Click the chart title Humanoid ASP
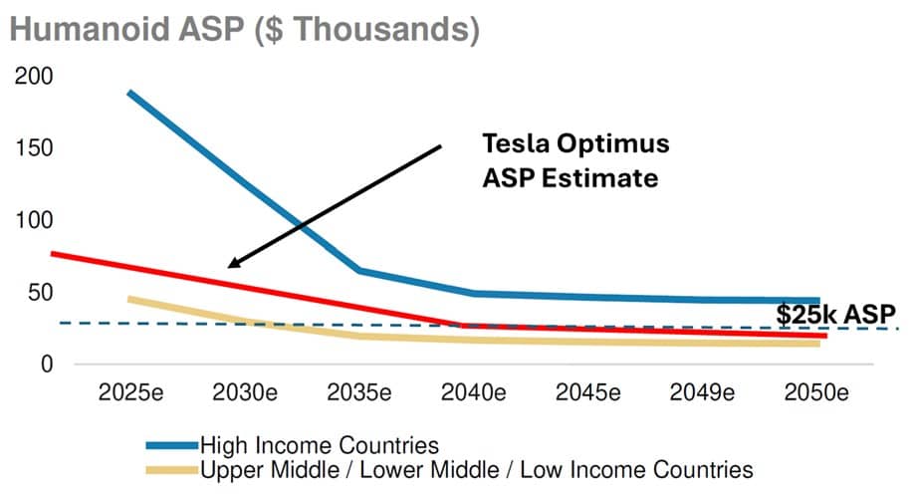click(x=244, y=30)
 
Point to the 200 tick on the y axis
click(x=34, y=78)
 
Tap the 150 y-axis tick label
click(x=34, y=149)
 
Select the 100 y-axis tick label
click(x=34, y=221)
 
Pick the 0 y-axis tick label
click(x=46, y=365)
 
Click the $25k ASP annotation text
click(x=836, y=315)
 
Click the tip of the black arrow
click(x=229, y=266)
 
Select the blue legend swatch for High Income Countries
click(x=170, y=444)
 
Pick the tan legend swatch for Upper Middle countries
click(x=170, y=468)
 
